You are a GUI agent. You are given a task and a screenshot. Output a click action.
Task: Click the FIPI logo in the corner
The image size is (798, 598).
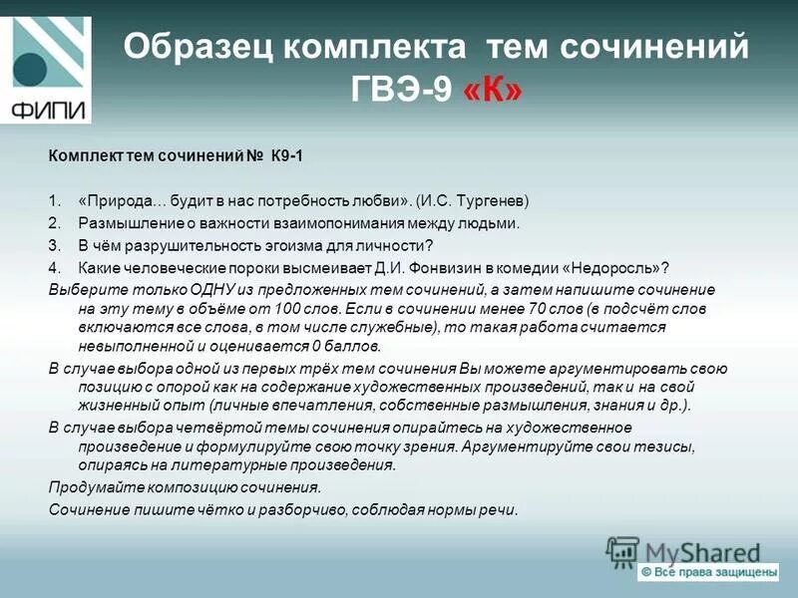click(47, 70)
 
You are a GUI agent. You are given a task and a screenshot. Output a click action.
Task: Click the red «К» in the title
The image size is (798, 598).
click(492, 91)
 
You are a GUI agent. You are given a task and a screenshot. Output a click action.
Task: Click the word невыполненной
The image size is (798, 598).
click(133, 347)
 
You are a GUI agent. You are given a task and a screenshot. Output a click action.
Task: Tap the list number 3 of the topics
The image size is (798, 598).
click(54, 244)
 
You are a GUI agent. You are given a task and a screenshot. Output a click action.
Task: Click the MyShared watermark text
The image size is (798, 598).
click(702, 552)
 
